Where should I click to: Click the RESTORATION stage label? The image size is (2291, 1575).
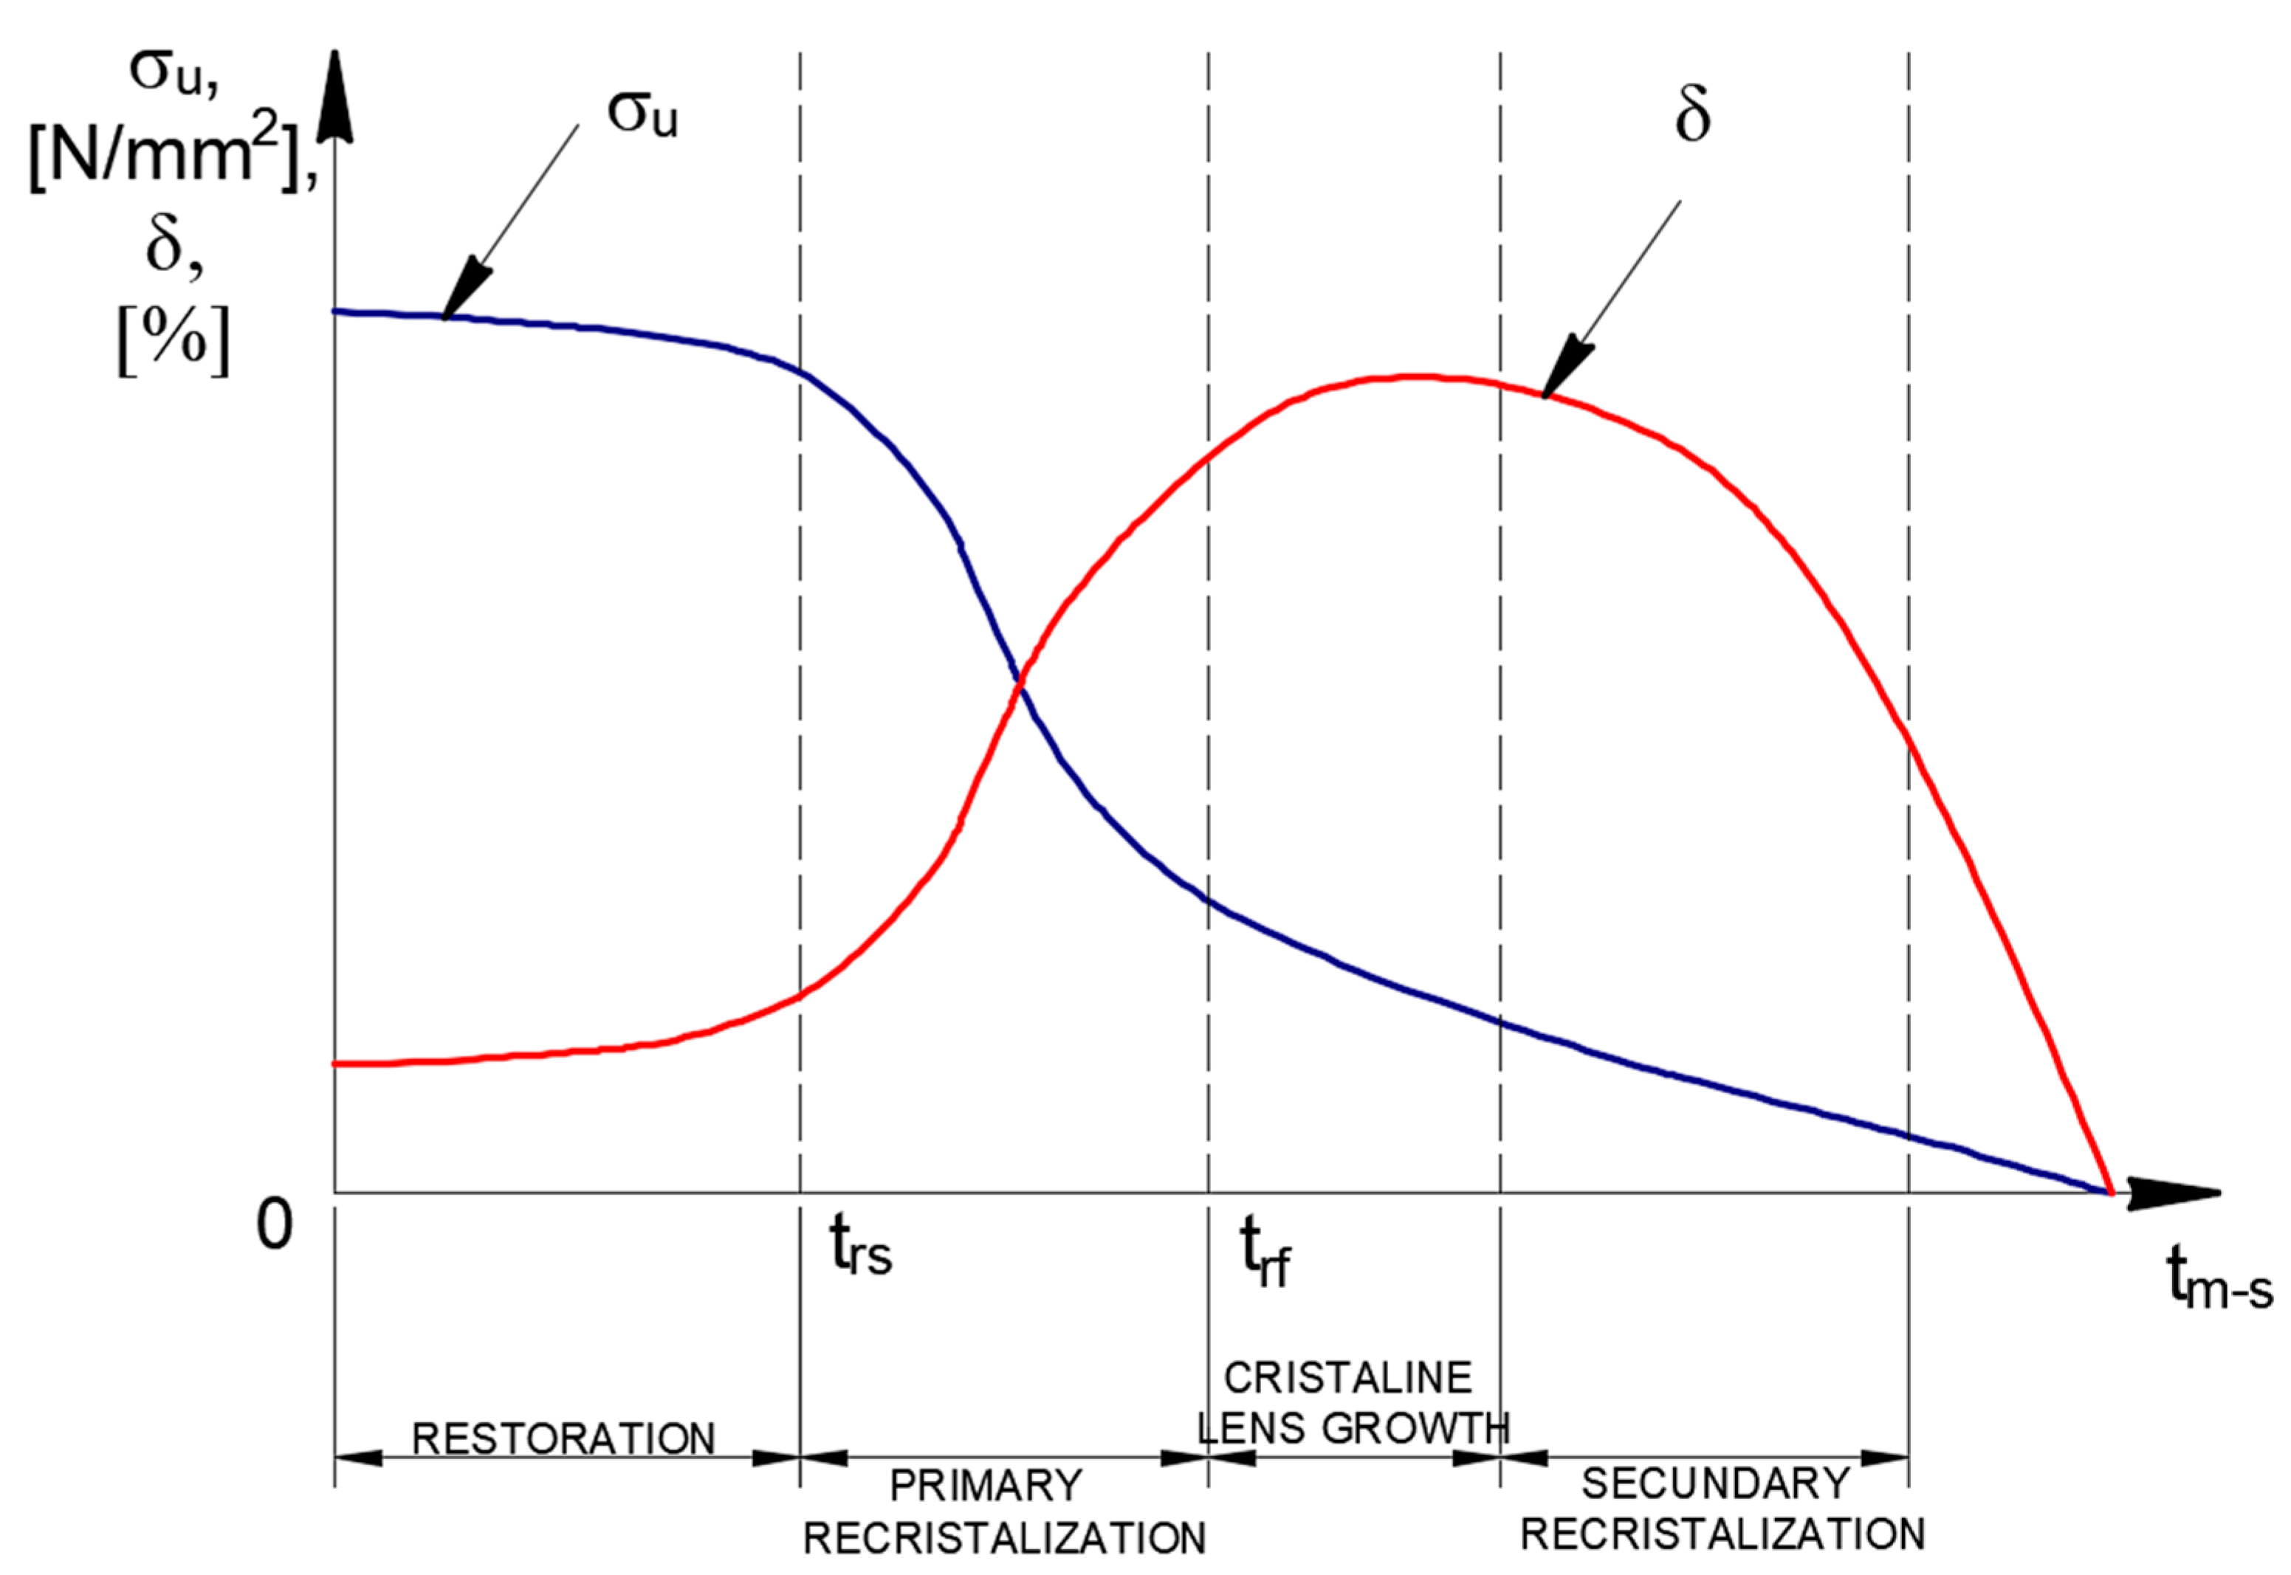563,1438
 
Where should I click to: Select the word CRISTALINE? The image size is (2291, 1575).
1347,1378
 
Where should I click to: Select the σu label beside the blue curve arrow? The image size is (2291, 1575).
642,114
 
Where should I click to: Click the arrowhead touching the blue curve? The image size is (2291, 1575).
463,291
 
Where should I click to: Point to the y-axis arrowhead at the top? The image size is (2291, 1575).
337,94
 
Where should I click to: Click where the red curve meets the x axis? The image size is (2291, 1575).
2110,1192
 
